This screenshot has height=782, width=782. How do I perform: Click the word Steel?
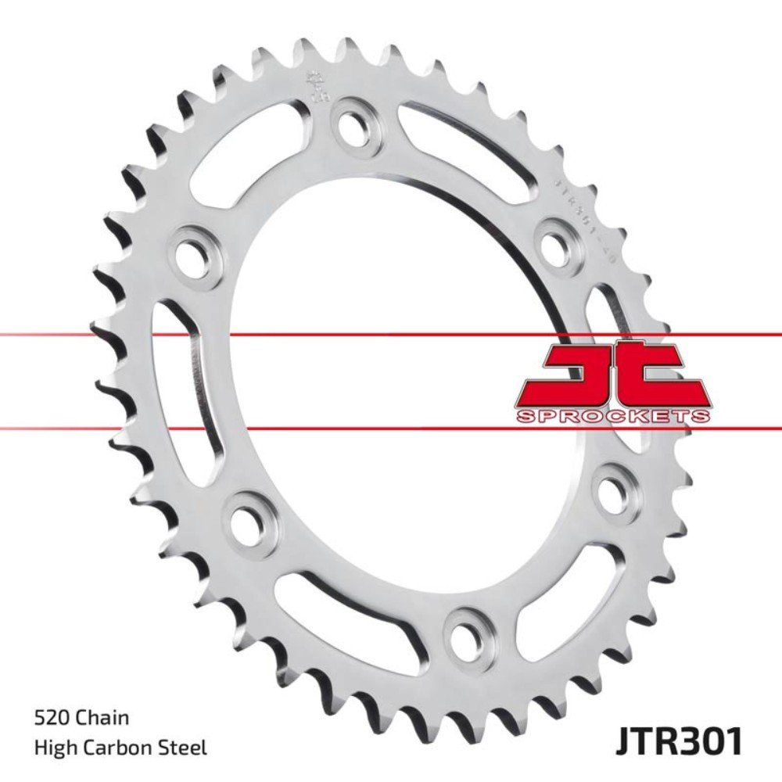[185, 748]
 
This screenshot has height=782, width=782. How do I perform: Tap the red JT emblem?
[613, 375]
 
